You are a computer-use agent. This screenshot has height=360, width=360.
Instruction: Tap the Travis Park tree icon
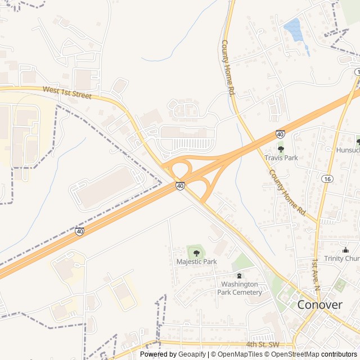click(x=281, y=149)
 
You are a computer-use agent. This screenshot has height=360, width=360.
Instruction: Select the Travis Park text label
click(x=281, y=158)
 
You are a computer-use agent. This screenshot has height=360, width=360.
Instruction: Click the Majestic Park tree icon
click(x=196, y=253)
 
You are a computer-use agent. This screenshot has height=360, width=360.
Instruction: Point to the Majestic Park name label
click(x=196, y=262)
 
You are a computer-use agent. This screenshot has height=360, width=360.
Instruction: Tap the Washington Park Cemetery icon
click(x=240, y=276)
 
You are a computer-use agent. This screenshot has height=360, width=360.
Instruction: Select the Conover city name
click(x=319, y=305)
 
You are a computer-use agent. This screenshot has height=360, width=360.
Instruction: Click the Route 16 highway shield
click(x=326, y=178)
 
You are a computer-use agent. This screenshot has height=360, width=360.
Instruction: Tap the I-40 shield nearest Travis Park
click(x=280, y=134)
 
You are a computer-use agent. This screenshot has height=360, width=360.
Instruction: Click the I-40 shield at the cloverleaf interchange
click(x=179, y=186)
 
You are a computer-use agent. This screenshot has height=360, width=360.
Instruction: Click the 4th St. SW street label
click(x=263, y=343)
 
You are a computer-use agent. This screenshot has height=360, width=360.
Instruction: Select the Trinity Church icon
click(x=345, y=250)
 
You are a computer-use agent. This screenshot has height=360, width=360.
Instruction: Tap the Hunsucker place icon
click(x=358, y=141)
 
